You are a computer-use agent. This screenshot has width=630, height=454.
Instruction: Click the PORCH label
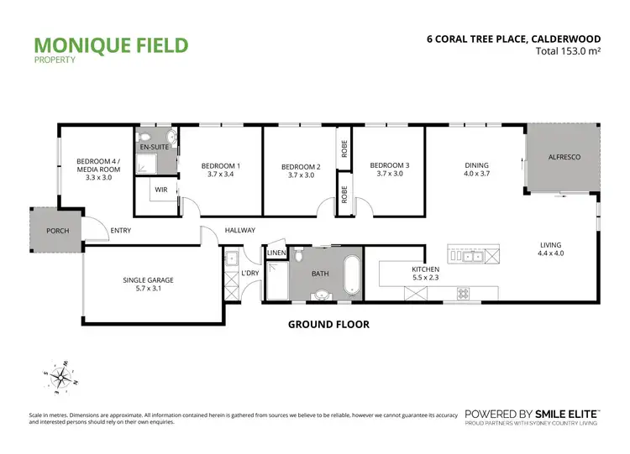tap(58, 231)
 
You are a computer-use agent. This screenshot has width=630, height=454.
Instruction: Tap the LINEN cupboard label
tap(276, 253)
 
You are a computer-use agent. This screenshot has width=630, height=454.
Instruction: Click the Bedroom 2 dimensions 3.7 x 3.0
tap(301, 176)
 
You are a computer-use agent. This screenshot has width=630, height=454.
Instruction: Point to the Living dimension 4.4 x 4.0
tap(550, 253)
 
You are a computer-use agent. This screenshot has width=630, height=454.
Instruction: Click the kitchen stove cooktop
tap(462, 293)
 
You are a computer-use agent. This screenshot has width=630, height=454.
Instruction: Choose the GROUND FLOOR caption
tap(328, 323)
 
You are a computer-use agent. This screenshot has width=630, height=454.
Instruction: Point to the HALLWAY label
tap(239, 231)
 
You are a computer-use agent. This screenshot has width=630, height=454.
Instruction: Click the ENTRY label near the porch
tap(121, 231)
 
